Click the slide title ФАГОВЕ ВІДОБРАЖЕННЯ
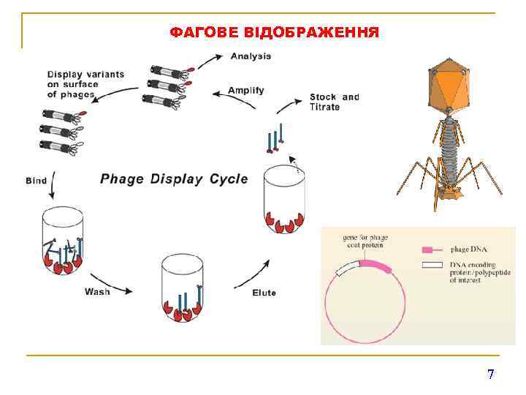point(274,33)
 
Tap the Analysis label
point(251,56)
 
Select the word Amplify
point(245,91)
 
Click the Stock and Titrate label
point(334,102)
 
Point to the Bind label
point(37,180)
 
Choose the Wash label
point(97,291)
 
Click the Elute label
point(264,293)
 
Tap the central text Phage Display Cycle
point(174,178)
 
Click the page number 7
point(491,375)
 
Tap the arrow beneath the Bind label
point(52,190)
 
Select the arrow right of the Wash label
point(123,291)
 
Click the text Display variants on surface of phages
point(85,84)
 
